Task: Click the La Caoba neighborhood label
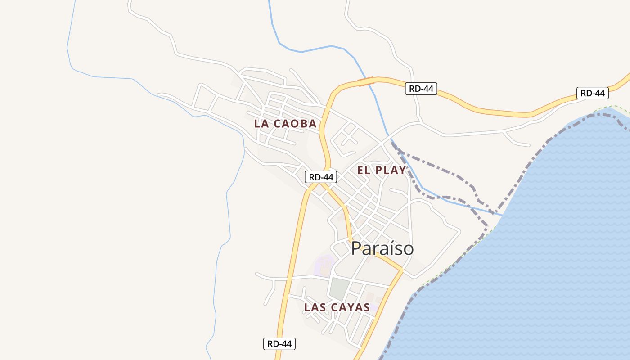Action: (285, 124)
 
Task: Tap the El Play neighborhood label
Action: (382, 170)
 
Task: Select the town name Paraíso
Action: (382, 248)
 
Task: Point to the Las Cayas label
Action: (337, 307)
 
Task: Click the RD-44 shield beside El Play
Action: (321, 177)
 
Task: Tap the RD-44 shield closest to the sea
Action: (592, 93)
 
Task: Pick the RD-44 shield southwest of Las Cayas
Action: (279, 344)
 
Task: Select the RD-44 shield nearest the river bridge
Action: (421, 89)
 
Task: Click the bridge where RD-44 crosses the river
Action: (366, 81)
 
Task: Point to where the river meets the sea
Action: (500, 215)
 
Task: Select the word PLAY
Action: (391, 170)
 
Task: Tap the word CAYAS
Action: (350, 307)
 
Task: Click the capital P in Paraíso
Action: (356, 248)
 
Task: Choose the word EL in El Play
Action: (364, 170)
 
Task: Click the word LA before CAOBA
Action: (262, 124)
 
